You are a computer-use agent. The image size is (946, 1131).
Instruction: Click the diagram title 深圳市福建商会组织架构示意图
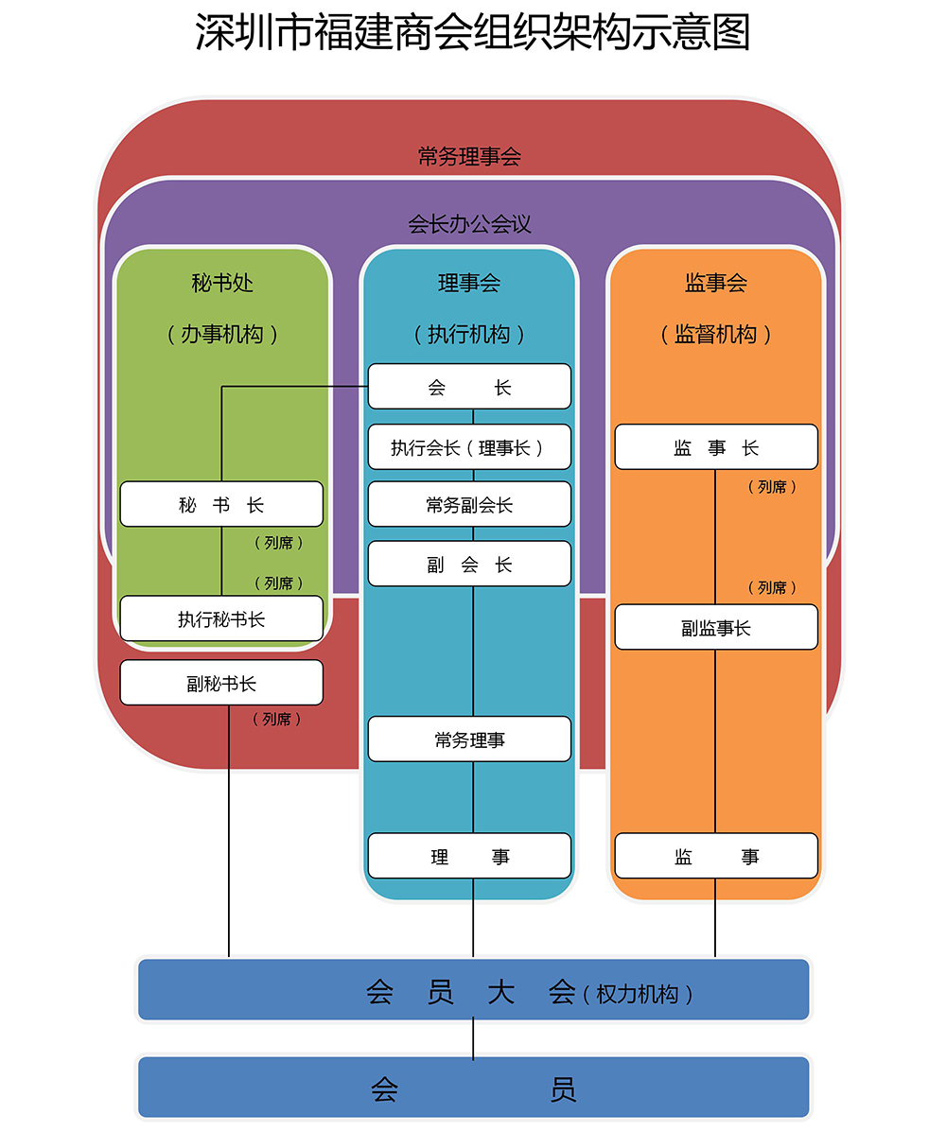click(x=472, y=32)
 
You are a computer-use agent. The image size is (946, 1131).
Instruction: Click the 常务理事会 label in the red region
click(x=469, y=156)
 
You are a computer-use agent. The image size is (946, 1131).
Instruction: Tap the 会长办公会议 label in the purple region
click(x=469, y=224)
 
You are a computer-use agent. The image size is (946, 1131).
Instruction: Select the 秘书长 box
click(x=221, y=504)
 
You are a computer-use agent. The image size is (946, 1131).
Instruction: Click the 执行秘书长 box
click(x=221, y=618)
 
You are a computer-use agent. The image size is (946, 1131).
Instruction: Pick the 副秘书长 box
click(x=221, y=683)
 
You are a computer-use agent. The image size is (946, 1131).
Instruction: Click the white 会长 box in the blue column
click(x=469, y=387)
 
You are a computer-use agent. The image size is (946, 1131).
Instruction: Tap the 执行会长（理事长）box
click(x=469, y=447)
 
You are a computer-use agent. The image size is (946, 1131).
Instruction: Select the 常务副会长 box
click(x=469, y=504)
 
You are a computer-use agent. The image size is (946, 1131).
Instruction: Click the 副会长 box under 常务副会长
click(x=469, y=564)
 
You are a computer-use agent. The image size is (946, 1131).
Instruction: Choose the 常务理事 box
click(x=469, y=739)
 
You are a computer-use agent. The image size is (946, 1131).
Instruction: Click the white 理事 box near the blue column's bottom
click(x=469, y=856)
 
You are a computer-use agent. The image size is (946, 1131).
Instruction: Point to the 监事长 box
click(x=716, y=447)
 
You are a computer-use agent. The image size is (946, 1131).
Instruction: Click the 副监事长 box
click(x=716, y=627)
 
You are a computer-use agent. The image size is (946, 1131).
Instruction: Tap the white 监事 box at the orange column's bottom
click(x=716, y=856)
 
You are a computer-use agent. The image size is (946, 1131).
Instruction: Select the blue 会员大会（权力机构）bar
click(x=473, y=990)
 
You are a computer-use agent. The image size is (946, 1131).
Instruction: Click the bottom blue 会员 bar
click(x=473, y=1087)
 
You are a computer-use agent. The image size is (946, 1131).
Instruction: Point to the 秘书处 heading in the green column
click(x=222, y=282)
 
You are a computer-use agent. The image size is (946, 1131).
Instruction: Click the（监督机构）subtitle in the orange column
click(x=716, y=334)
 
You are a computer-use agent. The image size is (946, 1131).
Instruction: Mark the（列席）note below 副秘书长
click(x=277, y=720)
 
